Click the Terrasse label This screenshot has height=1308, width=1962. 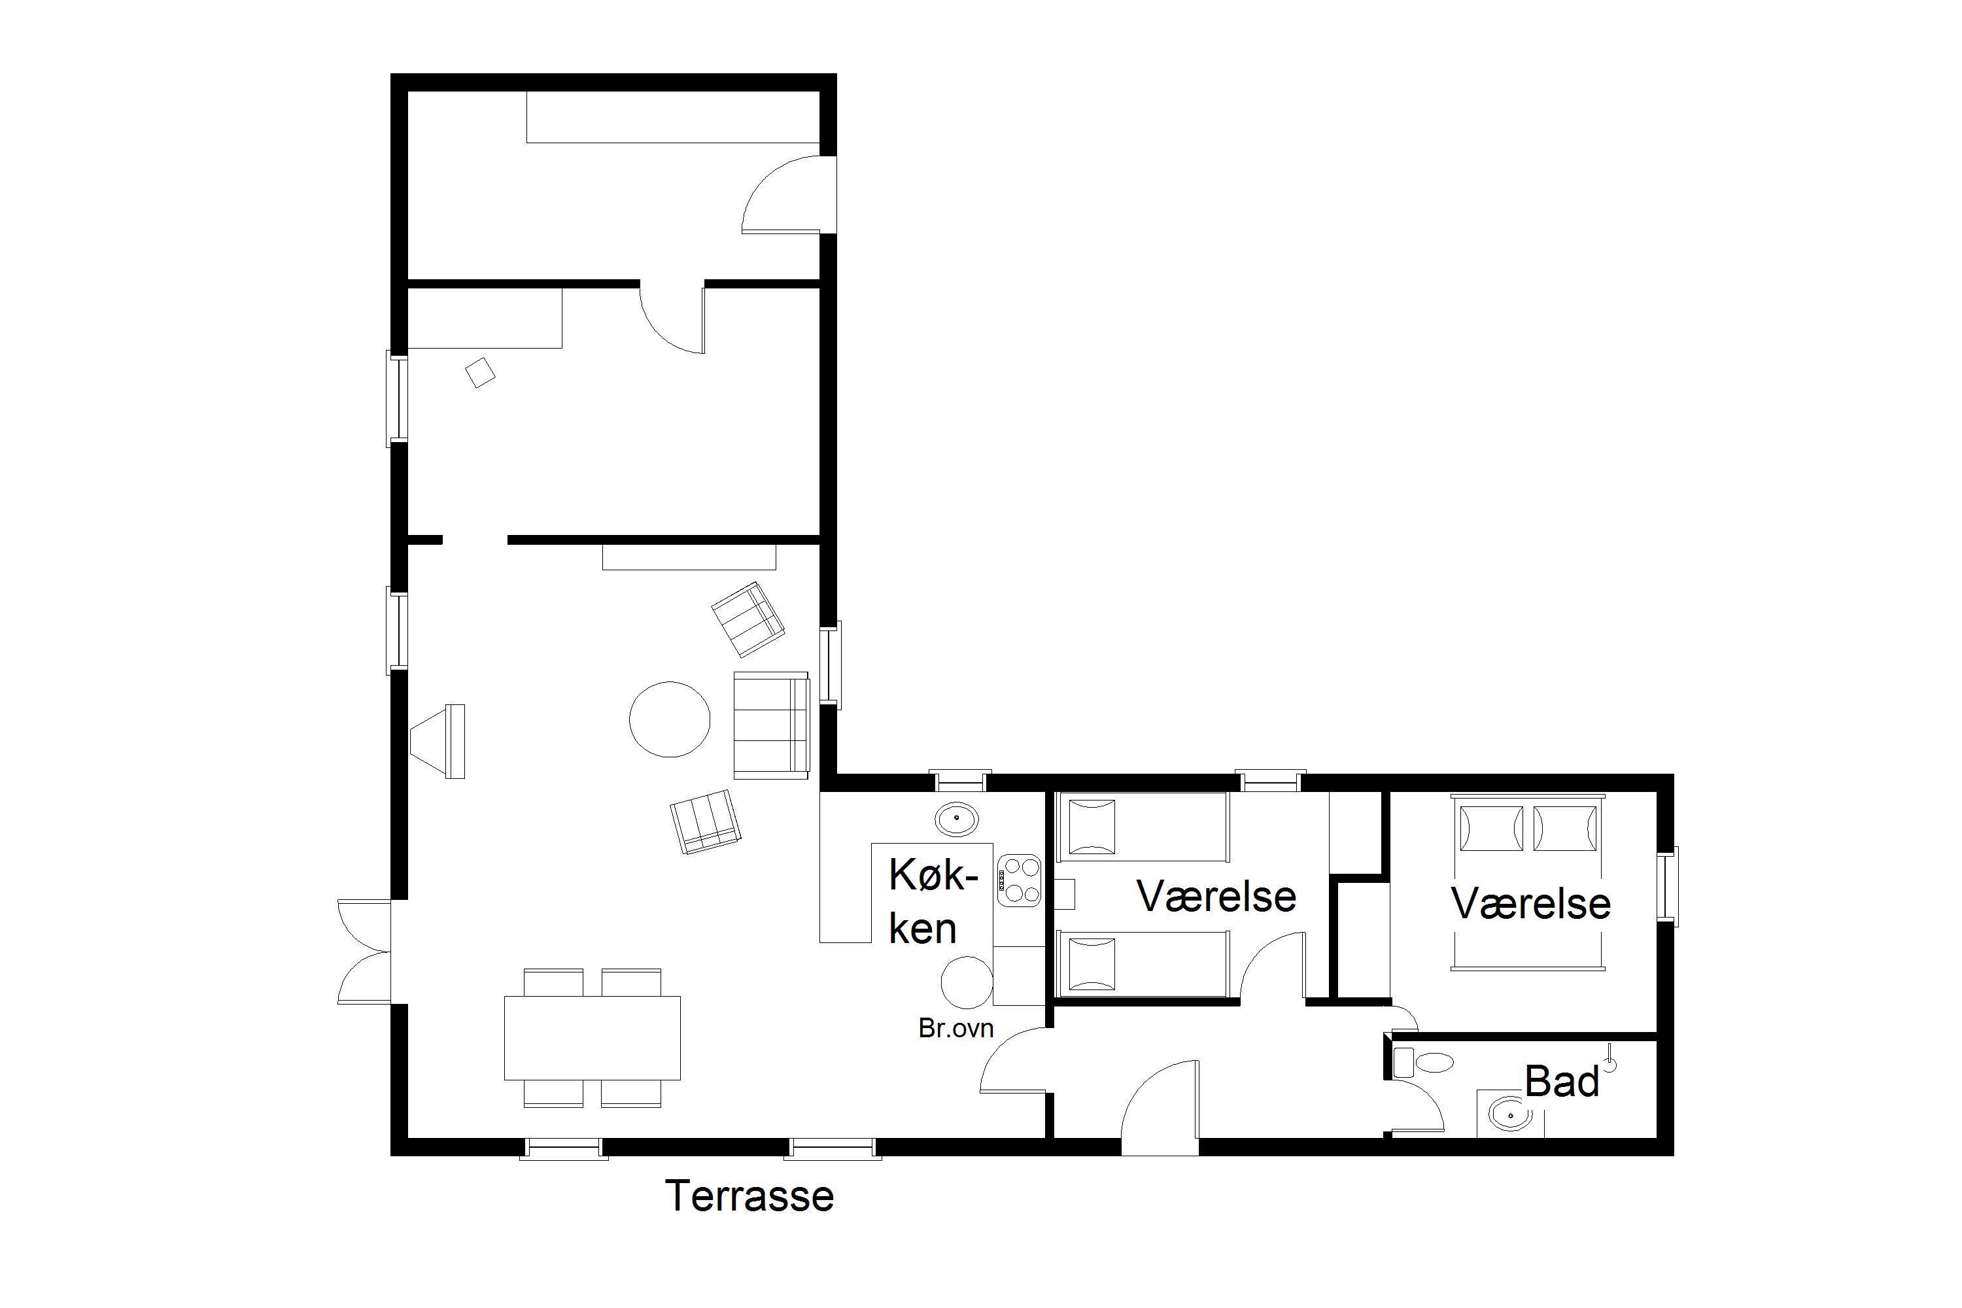click(749, 1196)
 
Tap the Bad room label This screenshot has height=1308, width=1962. click(1562, 1082)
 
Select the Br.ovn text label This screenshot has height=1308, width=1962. click(956, 1029)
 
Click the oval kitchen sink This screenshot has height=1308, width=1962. click(957, 820)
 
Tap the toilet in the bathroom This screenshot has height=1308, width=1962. click(1423, 1063)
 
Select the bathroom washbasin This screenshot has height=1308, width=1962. click(1510, 1113)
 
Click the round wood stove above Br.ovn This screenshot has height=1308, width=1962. click(967, 982)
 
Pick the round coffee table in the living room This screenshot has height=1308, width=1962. click(669, 719)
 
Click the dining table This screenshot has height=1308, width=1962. click(593, 1038)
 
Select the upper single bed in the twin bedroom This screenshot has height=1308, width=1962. click(1143, 827)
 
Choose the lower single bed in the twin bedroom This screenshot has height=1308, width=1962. click(1143, 963)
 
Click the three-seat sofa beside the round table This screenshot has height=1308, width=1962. click(771, 725)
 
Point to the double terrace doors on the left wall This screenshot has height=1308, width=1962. click(364, 951)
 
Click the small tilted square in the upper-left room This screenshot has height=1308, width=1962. click(479, 372)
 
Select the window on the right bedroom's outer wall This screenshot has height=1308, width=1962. click(1668, 887)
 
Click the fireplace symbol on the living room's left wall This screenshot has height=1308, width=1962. click(439, 741)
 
